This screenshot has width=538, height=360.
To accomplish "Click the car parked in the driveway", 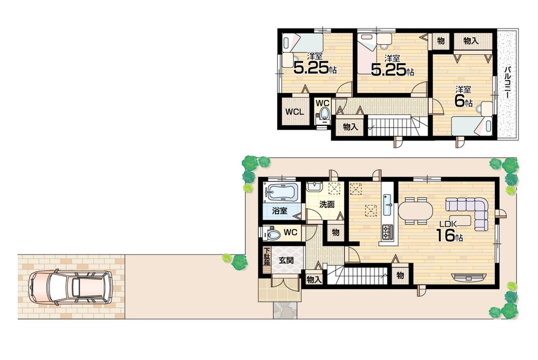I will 71,287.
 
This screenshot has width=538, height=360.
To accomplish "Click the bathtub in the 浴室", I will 281,192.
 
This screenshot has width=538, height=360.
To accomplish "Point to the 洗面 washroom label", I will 327,204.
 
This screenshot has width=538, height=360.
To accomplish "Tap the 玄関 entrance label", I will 286,259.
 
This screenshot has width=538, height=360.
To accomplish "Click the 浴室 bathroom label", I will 279,211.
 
